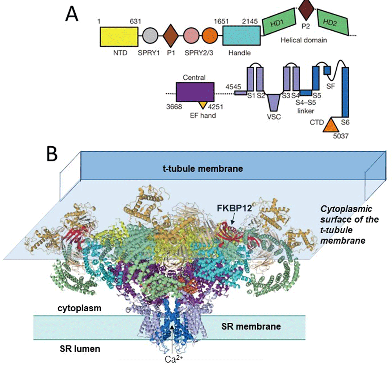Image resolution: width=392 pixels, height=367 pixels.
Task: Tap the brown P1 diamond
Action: [x=171, y=37]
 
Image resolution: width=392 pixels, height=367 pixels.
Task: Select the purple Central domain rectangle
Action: [x=195, y=93]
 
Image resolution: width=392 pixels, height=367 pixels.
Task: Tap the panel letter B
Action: [x=54, y=157]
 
